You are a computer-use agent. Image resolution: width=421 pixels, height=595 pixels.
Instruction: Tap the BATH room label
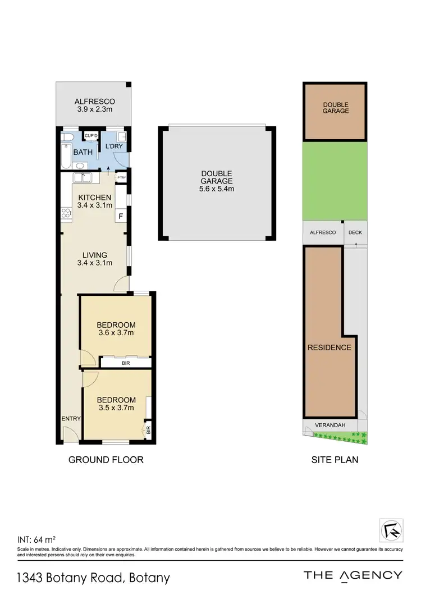click(x=83, y=152)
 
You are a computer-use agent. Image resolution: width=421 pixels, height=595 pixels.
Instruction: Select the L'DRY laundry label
click(x=115, y=147)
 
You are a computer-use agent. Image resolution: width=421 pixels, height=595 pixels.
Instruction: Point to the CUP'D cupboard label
click(x=90, y=136)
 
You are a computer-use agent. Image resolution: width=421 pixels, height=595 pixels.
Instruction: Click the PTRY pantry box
click(x=121, y=178)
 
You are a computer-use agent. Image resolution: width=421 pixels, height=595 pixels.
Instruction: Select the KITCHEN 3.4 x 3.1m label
click(x=94, y=202)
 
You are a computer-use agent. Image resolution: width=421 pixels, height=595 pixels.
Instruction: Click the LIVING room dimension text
click(x=94, y=263)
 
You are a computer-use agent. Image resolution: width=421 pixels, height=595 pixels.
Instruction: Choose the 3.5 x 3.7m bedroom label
click(x=116, y=408)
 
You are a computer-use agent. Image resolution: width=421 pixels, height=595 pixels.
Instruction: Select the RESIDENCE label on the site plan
click(x=329, y=347)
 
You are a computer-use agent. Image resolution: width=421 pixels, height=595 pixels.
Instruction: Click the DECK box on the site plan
click(x=355, y=232)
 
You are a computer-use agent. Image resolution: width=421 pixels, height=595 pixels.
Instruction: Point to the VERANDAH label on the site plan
click(x=329, y=425)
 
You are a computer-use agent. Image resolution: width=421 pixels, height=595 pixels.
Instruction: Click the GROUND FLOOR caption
click(x=106, y=460)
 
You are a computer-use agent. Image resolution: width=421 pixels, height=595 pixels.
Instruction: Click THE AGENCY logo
click(x=353, y=575)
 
